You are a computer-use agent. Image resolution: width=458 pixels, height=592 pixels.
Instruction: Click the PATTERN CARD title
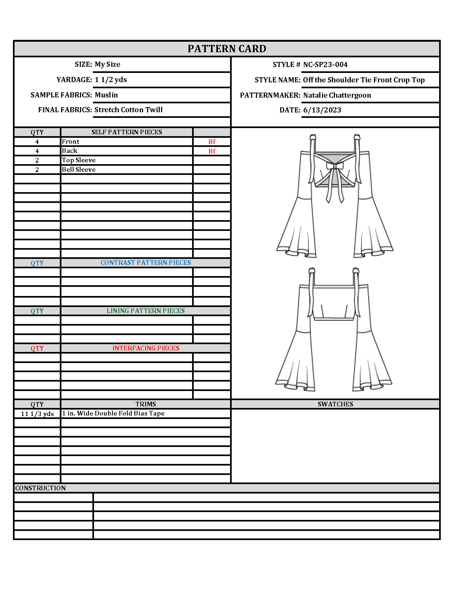[227, 49]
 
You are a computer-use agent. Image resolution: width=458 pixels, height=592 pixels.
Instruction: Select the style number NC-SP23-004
[325, 65]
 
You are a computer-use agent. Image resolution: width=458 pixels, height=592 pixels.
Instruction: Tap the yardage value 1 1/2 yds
[111, 80]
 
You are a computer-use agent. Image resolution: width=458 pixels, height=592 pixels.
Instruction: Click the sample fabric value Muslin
[106, 95]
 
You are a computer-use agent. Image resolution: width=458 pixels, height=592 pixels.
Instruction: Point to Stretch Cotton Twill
[128, 110]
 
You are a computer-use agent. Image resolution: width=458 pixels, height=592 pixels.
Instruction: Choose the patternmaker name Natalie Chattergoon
[337, 95]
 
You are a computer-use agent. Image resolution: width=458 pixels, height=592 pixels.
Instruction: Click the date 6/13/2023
[322, 110]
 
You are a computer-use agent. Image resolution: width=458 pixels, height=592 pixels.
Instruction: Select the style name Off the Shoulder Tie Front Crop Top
[364, 80]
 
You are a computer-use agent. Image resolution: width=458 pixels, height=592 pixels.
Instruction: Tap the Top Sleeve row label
[79, 160]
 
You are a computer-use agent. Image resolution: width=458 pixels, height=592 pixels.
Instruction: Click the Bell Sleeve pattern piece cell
[79, 170]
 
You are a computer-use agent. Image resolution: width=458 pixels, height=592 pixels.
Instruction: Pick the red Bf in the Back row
[212, 151]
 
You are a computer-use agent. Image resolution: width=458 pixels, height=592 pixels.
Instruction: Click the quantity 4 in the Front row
[37, 142]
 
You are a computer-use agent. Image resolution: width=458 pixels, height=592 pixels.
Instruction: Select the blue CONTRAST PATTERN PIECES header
[146, 263]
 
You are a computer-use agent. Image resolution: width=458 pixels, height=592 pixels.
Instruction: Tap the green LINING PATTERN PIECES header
[145, 311]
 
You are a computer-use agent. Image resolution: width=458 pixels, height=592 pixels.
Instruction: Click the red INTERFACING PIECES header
[146, 348]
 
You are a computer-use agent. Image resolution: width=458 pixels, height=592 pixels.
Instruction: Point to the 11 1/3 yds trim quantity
[37, 414]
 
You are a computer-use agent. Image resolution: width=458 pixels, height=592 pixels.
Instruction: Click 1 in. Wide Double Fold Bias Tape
[113, 413]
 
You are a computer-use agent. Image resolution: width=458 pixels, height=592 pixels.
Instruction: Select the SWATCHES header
[335, 404]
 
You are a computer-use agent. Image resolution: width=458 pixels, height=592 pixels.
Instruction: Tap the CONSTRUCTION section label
[40, 488]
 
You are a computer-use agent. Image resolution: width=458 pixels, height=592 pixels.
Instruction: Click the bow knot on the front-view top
[335, 166]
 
